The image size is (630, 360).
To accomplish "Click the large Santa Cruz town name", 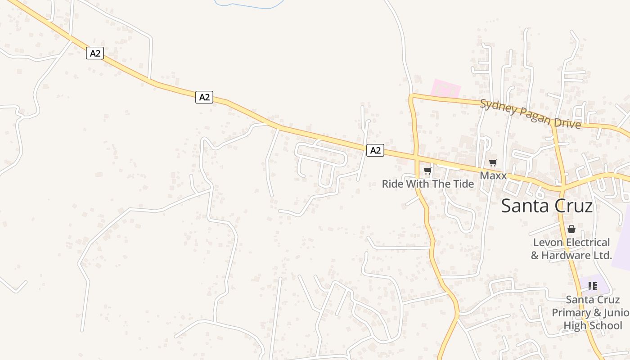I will [x=547, y=206].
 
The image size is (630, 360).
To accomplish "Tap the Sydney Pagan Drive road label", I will [x=530, y=114].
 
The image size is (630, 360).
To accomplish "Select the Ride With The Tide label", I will [x=427, y=184].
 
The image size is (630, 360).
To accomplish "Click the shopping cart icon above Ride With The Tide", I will [x=427, y=171].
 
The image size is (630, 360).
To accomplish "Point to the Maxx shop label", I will [x=493, y=175].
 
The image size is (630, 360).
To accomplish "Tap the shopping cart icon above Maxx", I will [x=493, y=162].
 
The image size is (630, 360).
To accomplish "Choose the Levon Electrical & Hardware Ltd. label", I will [x=571, y=249].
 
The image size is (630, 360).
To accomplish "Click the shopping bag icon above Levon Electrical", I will [x=571, y=229].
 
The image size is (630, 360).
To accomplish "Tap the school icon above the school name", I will [x=592, y=286].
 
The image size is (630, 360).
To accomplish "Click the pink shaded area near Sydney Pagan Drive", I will [x=445, y=88].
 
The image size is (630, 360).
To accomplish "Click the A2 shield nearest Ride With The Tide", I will [x=375, y=150].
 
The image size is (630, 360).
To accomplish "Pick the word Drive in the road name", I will [x=567, y=121].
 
